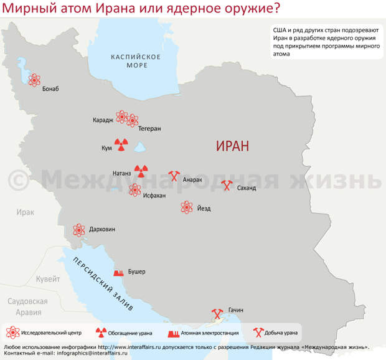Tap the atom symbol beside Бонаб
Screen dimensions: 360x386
34,80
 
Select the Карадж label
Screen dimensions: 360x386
103,120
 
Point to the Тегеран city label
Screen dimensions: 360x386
149,128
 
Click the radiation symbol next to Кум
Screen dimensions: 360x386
121,146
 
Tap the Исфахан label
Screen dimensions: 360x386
154,196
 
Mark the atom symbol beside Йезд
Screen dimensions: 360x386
186,207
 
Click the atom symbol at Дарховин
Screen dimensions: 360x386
79,230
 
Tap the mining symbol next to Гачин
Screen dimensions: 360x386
217,311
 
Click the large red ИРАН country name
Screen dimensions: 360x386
232,146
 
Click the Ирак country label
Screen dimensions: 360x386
26,212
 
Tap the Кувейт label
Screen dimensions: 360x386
48,280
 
